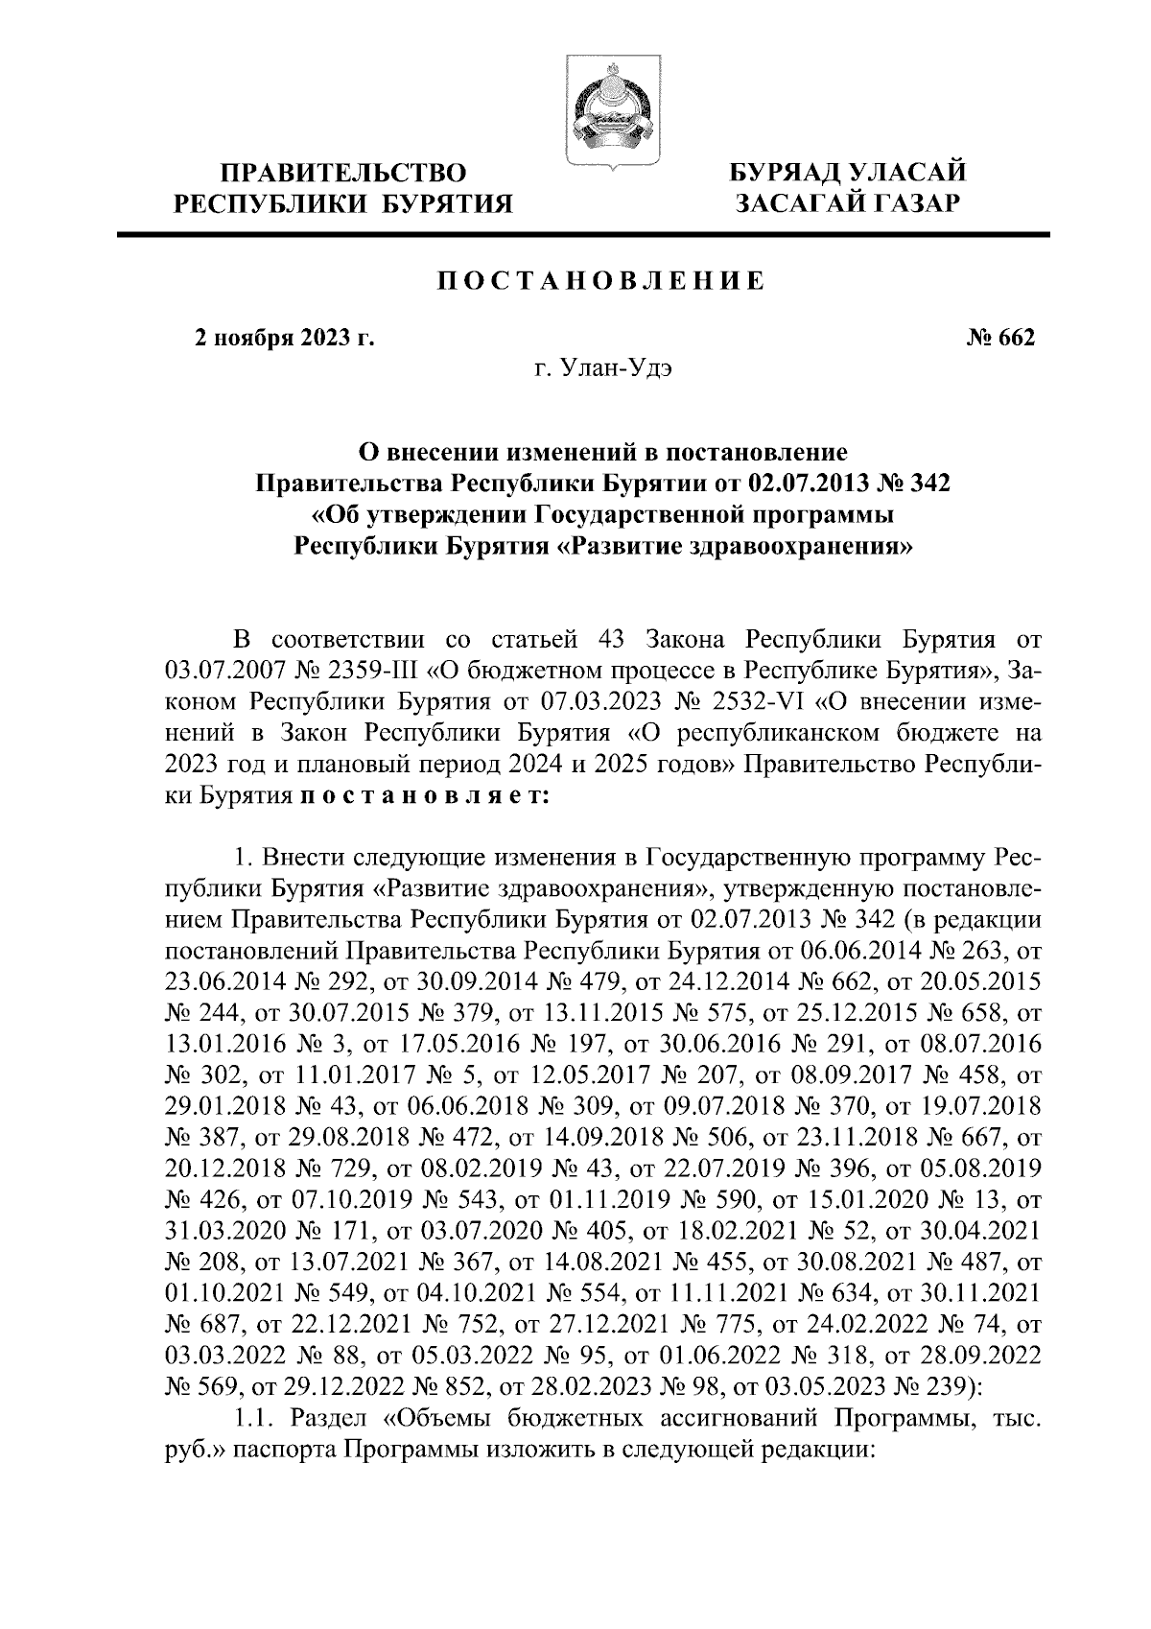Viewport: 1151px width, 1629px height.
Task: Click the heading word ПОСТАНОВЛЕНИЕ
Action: [602, 282]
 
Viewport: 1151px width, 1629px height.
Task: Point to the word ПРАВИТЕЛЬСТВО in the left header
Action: [344, 174]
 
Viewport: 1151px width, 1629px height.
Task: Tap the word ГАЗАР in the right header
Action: [908, 202]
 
